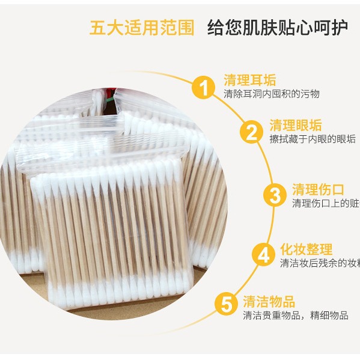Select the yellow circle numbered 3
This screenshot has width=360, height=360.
click(274, 195)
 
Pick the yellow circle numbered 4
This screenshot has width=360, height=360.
click(262, 255)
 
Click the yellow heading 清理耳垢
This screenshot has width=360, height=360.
click(249, 80)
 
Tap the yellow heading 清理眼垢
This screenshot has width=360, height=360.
click(295, 126)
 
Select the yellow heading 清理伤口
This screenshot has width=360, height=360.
click(317, 189)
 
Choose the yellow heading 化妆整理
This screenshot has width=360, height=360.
click(306, 249)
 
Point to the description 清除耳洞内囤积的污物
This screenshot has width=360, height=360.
click(272, 94)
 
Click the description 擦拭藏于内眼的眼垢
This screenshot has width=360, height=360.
click(313, 139)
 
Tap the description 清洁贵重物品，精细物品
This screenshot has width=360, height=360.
click(295, 316)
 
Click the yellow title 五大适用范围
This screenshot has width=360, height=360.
click(142, 28)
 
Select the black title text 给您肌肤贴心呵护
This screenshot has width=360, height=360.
click(277, 28)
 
